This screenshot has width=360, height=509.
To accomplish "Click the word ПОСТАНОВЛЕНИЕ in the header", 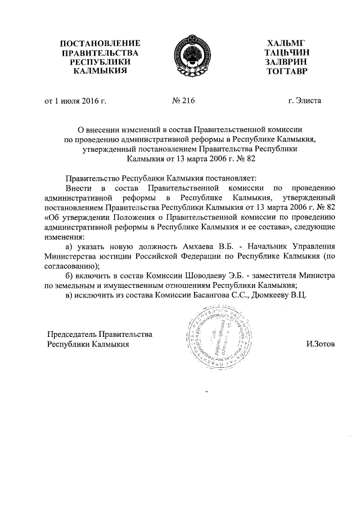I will coord(100,44).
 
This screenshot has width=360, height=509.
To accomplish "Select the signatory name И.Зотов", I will coord(317,344).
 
